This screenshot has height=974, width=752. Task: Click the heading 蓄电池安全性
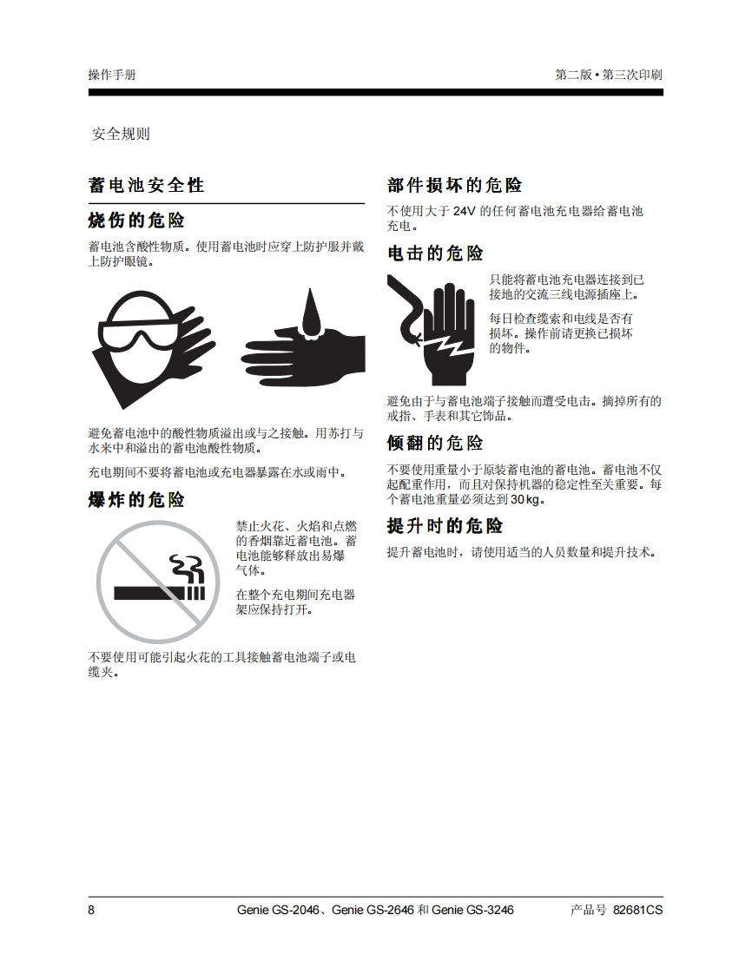tap(146, 185)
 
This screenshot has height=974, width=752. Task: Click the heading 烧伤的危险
tap(136, 220)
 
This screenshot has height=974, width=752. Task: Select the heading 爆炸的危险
tap(136, 500)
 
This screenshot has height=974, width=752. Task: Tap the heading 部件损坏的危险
tap(454, 185)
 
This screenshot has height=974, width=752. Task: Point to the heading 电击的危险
tap(435, 253)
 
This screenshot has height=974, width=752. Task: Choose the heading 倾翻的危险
tap(435, 443)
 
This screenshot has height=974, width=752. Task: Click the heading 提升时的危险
tap(445, 526)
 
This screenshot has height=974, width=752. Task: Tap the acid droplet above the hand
tap(312, 313)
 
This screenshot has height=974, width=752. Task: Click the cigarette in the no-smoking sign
tap(159, 593)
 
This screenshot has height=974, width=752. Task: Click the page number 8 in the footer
tap(91, 910)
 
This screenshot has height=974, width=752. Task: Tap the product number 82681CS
tap(637, 910)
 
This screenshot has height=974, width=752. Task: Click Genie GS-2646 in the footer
tap(373, 910)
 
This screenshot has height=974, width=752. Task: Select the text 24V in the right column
tap(464, 211)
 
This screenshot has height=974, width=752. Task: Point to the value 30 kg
tap(526, 499)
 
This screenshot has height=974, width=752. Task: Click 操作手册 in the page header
tap(112, 76)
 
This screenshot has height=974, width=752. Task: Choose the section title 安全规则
tap(122, 135)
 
